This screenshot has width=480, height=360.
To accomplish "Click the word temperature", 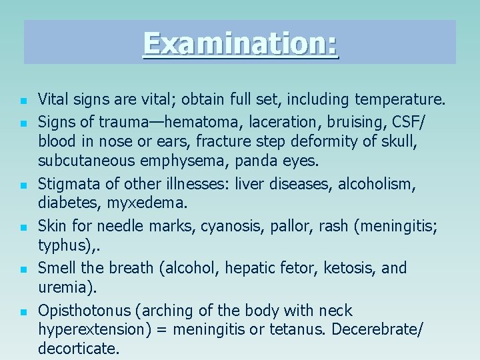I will coord(400,100).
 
